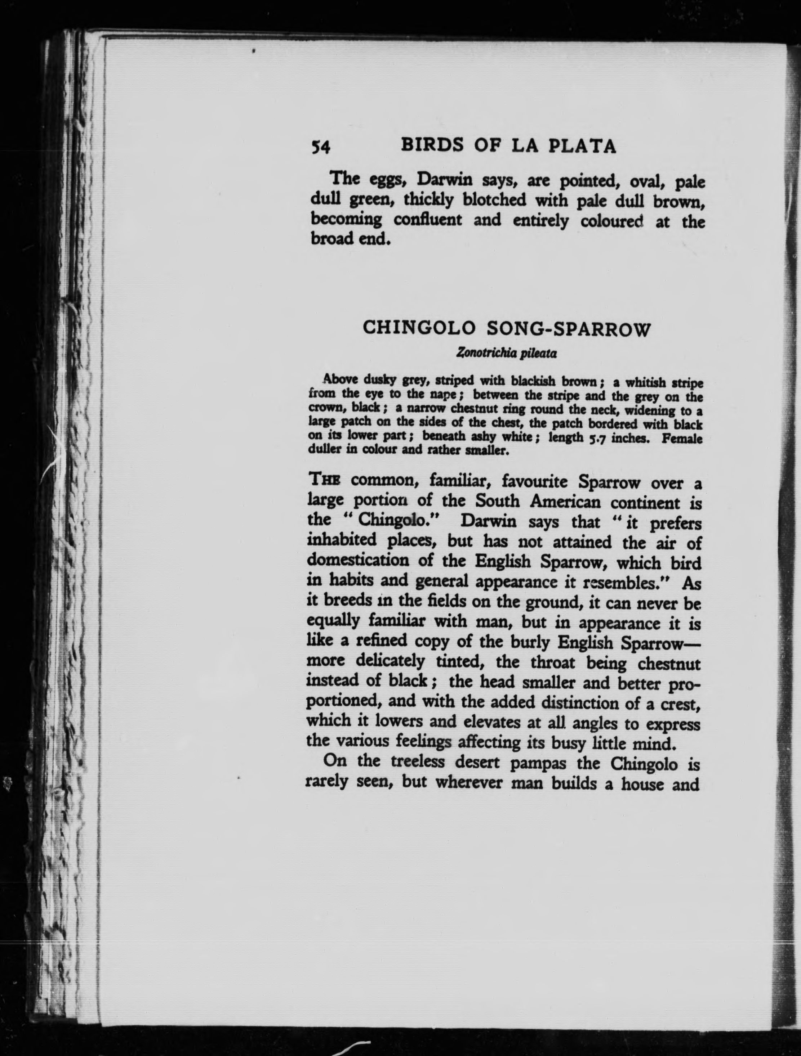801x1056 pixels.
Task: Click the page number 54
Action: click(320, 147)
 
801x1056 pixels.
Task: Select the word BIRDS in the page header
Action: click(433, 145)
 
